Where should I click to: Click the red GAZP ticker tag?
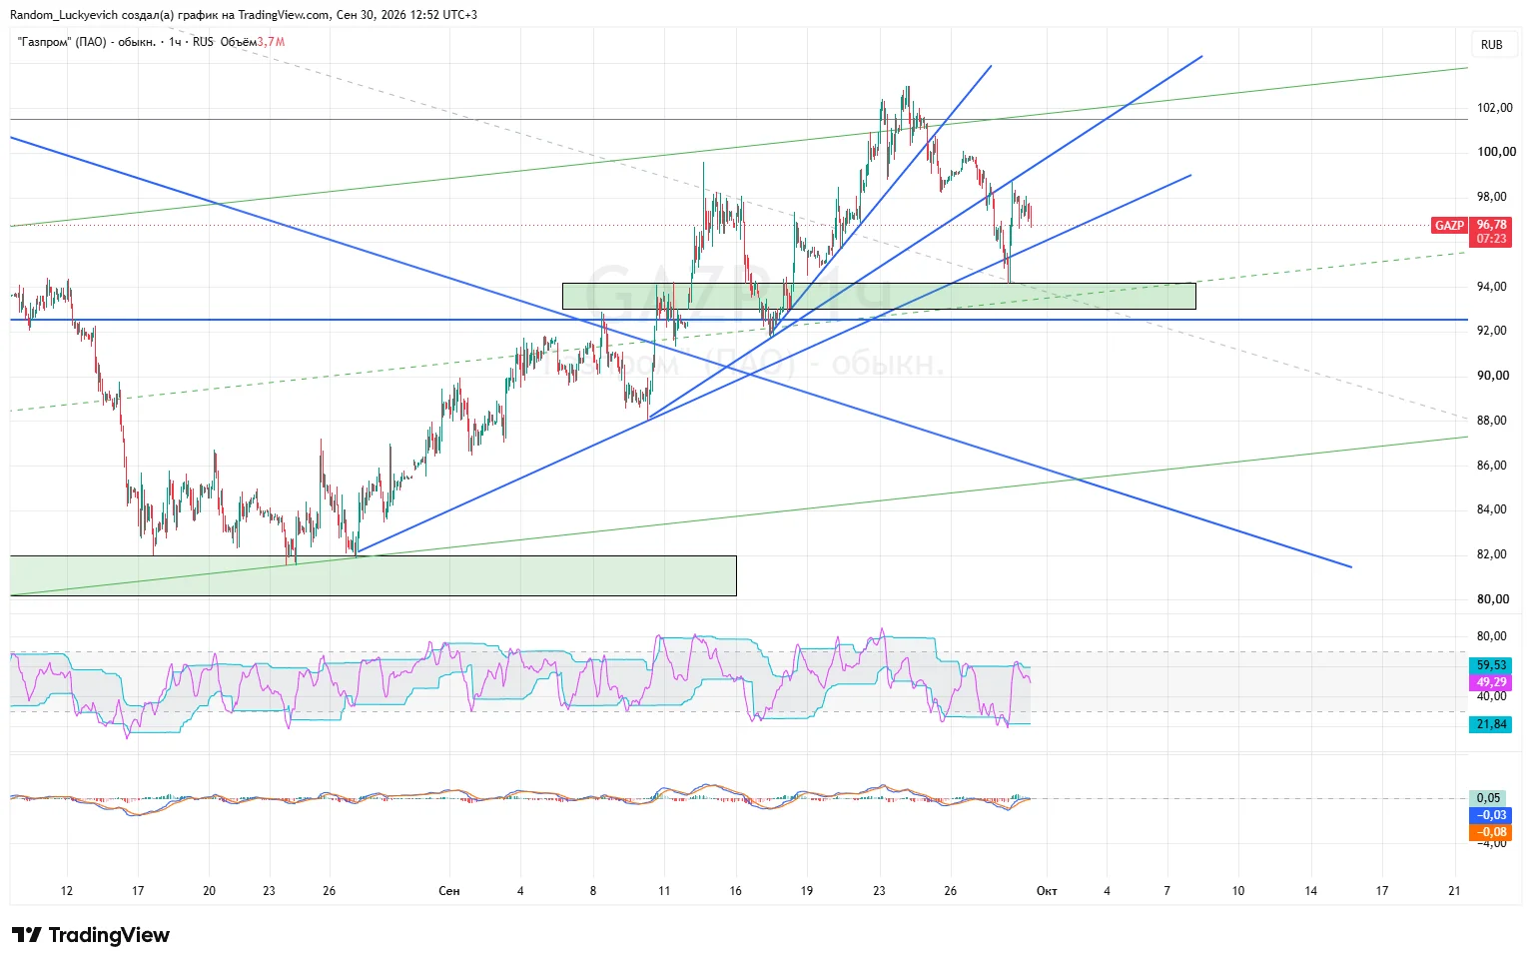pos(1449,225)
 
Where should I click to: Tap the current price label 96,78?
pos(1491,225)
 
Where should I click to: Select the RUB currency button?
pos(1492,45)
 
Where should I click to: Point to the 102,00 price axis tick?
pos(1494,107)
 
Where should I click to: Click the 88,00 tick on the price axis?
pos(1491,420)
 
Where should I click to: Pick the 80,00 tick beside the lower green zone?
pos(1492,599)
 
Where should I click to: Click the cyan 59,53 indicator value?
pos(1491,664)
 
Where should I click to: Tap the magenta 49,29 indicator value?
pos(1491,682)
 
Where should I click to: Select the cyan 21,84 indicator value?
pos(1491,724)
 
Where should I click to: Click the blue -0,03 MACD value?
pos(1491,814)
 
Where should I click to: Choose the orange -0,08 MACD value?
pos(1491,831)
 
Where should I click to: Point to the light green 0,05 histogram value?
pos(1488,797)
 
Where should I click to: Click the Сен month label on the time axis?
pos(448,890)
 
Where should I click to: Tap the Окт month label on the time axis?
pos(1047,890)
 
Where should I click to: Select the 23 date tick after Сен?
pos(879,890)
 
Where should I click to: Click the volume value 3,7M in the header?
pos(271,42)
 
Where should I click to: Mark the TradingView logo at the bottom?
pos(90,935)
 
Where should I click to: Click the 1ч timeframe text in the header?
pos(175,42)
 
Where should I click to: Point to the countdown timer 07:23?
pos(1491,239)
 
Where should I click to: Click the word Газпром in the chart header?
pos(45,42)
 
